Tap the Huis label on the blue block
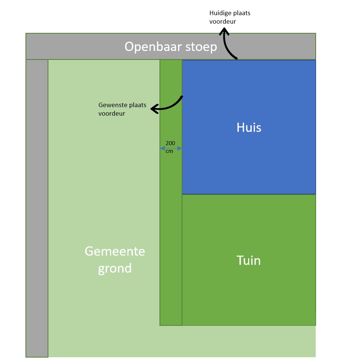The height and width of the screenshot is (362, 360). pyautogui.click(x=249, y=127)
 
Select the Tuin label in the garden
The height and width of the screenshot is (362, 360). pyautogui.click(x=248, y=260)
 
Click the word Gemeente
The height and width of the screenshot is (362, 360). pyautogui.click(x=115, y=251)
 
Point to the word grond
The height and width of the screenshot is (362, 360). pyautogui.click(x=114, y=268)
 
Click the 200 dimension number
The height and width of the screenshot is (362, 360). pyautogui.click(x=170, y=143)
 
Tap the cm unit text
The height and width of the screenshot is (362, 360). pyautogui.click(x=169, y=151)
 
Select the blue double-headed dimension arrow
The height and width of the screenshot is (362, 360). pyautogui.click(x=171, y=148)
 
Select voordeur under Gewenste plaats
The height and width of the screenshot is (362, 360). pyautogui.click(x=112, y=114)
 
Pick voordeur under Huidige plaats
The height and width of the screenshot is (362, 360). pyautogui.click(x=223, y=21)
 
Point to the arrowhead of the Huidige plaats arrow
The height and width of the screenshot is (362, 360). pyautogui.click(x=223, y=32)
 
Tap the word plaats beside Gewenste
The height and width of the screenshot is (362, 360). pyautogui.click(x=137, y=106)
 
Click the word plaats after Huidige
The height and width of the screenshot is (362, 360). pyautogui.click(x=241, y=13)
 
